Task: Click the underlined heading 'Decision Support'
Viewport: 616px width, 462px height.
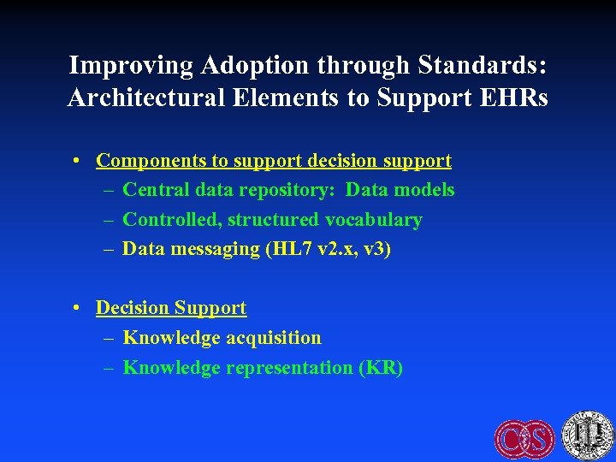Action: coord(171,308)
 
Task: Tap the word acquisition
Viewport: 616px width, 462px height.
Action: coord(274,338)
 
